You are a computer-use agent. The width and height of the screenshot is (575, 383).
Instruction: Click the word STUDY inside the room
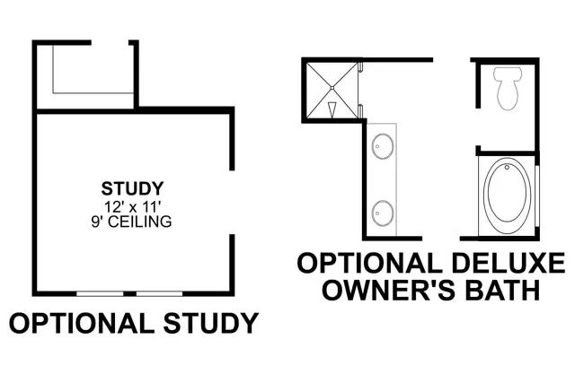click(x=132, y=188)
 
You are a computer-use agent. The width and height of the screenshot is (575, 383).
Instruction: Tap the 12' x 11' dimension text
click(x=132, y=207)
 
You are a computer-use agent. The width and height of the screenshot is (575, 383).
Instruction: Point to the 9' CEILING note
click(x=131, y=222)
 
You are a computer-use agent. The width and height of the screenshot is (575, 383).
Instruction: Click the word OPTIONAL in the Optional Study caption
click(x=81, y=323)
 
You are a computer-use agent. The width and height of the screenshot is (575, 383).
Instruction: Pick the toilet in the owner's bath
click(x=508, y=88)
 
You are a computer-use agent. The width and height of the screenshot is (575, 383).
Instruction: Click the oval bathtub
click(x=507, y=196)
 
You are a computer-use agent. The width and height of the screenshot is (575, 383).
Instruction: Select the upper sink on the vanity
click(x=383, y=146)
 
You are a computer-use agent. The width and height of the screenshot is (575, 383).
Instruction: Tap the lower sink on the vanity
click(x=383, y=213)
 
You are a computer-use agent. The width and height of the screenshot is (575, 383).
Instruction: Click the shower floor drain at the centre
click(x=332, y=88)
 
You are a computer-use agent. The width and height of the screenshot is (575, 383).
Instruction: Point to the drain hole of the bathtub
click(x=507, y=168)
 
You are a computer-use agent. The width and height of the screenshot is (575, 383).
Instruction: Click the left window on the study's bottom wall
click(x=100, y=293)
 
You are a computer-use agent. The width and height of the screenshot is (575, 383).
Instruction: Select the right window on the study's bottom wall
click(x=160, y=293)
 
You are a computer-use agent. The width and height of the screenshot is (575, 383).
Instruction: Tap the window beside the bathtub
click(x=536, y=196)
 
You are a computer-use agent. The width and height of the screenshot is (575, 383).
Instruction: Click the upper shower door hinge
click(x=361, y=66)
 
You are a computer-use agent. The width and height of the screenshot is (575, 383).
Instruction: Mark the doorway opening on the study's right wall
click(x=232, y=203)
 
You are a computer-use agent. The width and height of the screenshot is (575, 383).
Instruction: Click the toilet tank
click(x=508, y=74)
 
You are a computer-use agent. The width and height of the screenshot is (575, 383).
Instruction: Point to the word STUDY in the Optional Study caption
click(x=211, y=323)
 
